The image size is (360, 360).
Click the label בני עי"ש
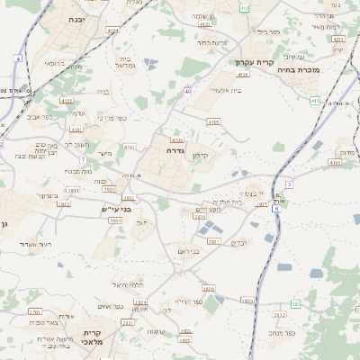pos(116,209)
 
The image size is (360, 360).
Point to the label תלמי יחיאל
pos(129,284)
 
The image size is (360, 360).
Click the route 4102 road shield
pos(67,101)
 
